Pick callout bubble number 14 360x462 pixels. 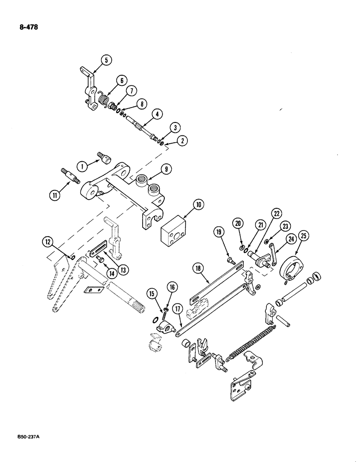111,273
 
